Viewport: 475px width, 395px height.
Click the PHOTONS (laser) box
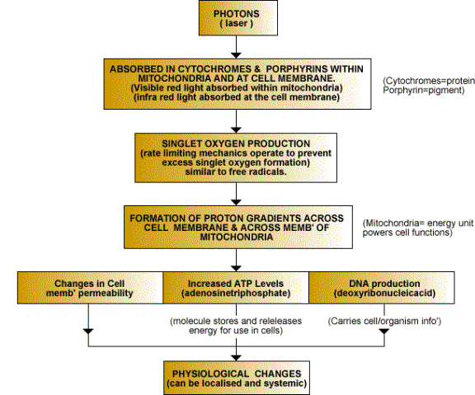(238, 18)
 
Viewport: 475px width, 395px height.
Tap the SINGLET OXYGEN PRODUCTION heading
(236, 143)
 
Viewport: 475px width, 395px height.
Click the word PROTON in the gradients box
(223, 219)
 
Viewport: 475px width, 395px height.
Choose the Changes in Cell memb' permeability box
(90, 288)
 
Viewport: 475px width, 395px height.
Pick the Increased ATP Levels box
(236, 288)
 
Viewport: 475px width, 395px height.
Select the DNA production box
(382, 288)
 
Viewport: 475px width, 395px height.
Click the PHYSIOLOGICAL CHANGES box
(237, 378)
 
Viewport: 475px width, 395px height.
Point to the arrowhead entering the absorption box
(236, 55)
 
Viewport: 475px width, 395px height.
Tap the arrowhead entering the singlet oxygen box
(236, 130)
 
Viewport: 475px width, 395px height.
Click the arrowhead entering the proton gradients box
(236, 202)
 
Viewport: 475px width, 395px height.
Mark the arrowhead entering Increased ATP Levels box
(236, 268)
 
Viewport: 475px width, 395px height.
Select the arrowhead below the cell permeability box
(88, 331)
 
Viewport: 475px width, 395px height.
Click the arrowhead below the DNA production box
(384, 331)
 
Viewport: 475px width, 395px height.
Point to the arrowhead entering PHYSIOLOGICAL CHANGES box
(236, 358)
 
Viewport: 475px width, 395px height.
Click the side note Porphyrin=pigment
(424, 90)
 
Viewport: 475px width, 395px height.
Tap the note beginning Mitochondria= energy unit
(418, 228)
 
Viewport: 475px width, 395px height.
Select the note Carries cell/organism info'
(384, 321)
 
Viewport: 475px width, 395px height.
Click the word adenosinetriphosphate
(236, 294)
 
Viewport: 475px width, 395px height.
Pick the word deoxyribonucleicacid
(384, 294)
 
